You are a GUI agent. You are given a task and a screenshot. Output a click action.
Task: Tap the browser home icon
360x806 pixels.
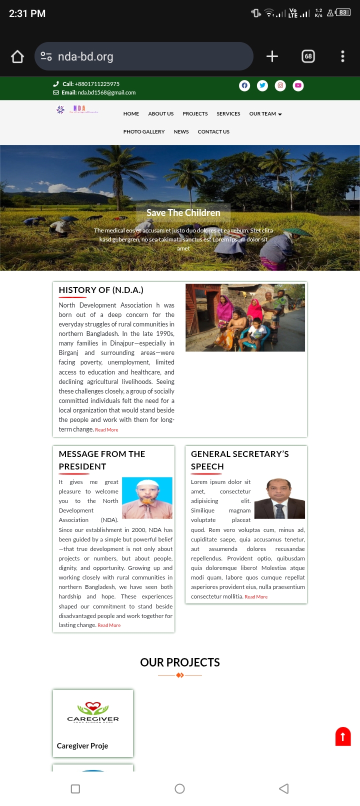pyautogui.click(x=17, y=56)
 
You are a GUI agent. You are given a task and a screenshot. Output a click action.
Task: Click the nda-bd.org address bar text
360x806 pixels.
pyautogui.click(x=85, y=56)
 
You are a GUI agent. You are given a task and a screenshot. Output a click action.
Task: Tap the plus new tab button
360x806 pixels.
pyautogui.click(x=272, y=56)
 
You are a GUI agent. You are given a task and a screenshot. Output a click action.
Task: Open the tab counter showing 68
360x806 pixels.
pyautogui.click(x=308, y=56)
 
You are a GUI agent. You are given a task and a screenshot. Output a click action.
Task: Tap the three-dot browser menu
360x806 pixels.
pyautogui.click(x=342, y=56)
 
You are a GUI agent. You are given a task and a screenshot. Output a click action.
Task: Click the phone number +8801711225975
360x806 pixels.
pyautogui.click(x=97, y=84)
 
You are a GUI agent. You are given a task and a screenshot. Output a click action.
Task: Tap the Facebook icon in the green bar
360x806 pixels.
pyautogui.click(x=244, y=85)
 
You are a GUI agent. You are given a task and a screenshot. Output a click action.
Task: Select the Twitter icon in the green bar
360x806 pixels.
pyautogui.click(x=262, y=85)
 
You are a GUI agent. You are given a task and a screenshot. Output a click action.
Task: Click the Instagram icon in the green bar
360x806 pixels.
pyautogui.click(x=280, y=85)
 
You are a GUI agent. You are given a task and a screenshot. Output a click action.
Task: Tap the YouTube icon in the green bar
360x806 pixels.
pyautogui.click(x=298, y=85)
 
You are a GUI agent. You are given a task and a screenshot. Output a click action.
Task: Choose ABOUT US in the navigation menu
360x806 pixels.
pyautogui.click(x=161, y=114)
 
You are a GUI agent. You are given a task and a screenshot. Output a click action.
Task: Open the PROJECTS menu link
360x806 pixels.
pyautogui.click(x=195, y=114)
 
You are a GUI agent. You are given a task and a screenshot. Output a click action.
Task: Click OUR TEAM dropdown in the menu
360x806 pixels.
pyautogui.click(x=265, y=114)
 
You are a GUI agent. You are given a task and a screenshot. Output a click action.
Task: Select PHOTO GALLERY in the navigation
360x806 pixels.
pyautogui.click(x=144, y=132)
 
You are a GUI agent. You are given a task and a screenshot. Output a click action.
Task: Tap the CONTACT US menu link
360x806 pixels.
pyautogui.click(x=213, y=132)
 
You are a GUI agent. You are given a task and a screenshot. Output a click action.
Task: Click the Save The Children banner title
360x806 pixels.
pyautogui.click(x=183, y=213)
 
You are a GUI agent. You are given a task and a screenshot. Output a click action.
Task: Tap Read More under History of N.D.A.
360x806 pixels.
pyautogui.click(x=106, y=430)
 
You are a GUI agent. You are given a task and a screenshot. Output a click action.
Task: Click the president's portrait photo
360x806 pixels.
pyautogui.click(x=147, y=497)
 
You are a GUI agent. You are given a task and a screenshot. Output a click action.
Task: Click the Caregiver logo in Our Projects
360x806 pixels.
pyautogui.click(x=93, y=712)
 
